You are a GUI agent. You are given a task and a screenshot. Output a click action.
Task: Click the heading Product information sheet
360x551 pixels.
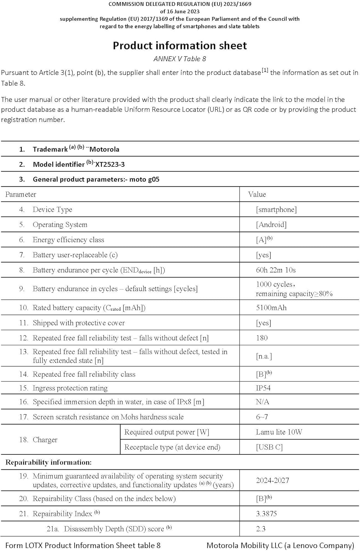(180, 46)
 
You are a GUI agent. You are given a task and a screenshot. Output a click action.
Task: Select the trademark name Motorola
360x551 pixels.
(104, 150)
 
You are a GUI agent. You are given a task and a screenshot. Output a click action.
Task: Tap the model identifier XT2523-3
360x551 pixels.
(110, 165)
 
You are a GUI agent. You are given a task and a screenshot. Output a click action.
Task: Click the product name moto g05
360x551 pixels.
(144, 180)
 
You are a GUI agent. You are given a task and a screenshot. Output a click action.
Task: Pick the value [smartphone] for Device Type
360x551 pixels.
(276, 210)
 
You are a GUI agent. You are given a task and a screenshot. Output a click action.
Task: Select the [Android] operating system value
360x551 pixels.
(271, 225)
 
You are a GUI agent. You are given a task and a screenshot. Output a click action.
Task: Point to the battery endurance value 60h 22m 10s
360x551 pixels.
(276, 270)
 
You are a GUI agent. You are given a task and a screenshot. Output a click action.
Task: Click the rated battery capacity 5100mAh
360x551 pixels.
(271, 308)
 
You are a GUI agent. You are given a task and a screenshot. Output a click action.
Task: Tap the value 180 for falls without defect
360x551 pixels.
(262, 338)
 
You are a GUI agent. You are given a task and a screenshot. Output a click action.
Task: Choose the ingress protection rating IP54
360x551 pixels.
(263, 388)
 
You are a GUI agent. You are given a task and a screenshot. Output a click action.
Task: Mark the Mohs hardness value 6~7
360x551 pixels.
(262, 417)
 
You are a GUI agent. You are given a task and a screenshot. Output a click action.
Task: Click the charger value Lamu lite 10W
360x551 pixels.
(279, 432)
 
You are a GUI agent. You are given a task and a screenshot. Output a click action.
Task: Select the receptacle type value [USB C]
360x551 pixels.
(269, 447)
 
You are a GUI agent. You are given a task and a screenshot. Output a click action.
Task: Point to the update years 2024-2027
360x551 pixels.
(272, 480)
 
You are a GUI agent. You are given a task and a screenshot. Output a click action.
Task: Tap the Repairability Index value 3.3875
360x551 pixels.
(266, 514)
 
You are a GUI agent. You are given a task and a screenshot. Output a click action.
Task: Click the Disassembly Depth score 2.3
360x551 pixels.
(261, 529)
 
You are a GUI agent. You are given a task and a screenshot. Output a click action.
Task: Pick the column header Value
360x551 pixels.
(257, 194)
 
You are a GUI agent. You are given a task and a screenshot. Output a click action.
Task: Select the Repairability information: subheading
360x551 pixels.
(48, 462)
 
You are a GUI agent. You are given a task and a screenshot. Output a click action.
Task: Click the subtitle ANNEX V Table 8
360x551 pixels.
(180, 59)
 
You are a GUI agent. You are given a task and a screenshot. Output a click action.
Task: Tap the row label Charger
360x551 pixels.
(45, 440)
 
